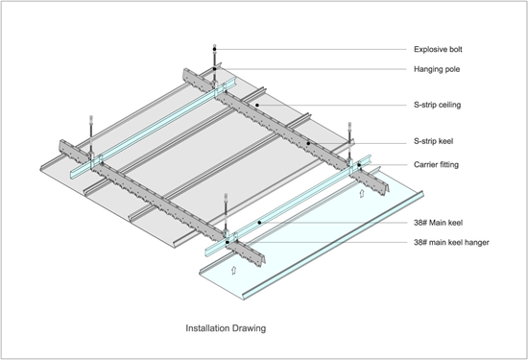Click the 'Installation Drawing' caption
225,327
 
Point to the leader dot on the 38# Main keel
259,222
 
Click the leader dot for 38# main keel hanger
228,242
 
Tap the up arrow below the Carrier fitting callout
360,193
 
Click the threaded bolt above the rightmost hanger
348,130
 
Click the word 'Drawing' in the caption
249,327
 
